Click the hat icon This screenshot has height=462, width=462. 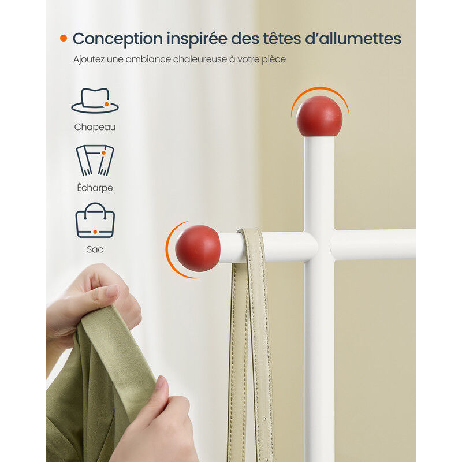95,100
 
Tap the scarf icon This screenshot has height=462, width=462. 95,161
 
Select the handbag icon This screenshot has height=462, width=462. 95,221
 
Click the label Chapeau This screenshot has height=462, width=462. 95,127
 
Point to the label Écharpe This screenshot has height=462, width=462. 95,187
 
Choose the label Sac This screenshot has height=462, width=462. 95,249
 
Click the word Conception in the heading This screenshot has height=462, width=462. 118,39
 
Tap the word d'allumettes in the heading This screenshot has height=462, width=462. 353,39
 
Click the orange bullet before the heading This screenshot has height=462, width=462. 64,38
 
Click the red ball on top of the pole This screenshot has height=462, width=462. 319,116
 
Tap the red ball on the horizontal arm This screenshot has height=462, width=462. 198,248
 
